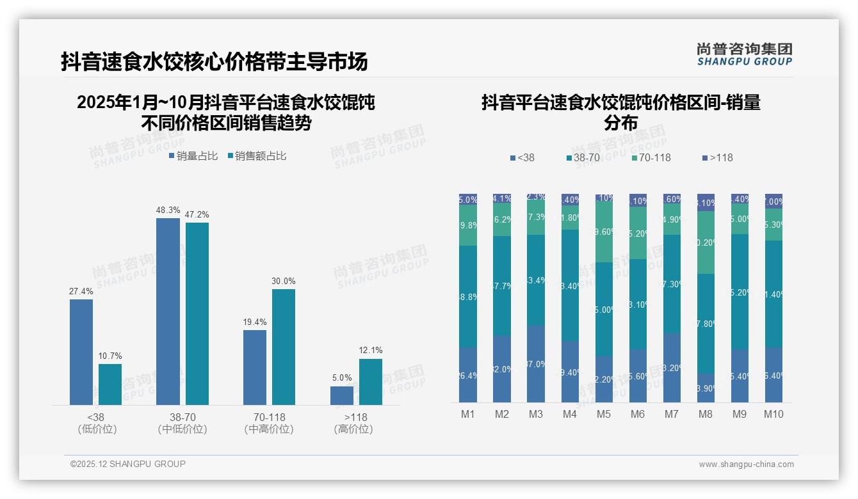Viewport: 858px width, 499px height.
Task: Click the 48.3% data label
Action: click(x=168, y=210)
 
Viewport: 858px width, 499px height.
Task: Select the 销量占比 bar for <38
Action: click(x=81, y=352)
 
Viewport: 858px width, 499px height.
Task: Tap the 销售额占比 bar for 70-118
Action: click(x=284, y=347)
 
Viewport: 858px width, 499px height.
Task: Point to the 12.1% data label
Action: click(x=371, y=351)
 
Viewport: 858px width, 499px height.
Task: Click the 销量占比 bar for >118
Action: click(x=342, y=395)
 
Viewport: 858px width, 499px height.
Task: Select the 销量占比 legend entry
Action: click(x=193, y=156)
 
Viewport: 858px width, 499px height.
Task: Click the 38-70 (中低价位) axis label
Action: click(x=182, y=424)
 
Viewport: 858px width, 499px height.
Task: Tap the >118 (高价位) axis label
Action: click(x=353, y=424)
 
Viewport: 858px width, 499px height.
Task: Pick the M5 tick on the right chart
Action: click(x=604, y=414)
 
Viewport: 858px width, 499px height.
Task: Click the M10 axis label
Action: click(x=773, y=414)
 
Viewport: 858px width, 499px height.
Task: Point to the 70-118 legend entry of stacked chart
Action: click(x=651, y=157)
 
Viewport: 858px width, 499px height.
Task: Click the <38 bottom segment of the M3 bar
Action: click(x=536, y=363)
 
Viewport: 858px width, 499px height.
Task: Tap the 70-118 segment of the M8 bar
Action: click(x=706, y=242)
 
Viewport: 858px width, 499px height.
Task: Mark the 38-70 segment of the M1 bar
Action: click(x=468, y=297)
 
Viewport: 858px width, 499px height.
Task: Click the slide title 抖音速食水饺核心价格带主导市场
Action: click(x=214, y=62)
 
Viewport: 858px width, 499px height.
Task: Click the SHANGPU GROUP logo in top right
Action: click(x=744, y=54)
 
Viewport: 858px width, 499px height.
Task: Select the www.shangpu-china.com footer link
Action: click(x=746, y=464)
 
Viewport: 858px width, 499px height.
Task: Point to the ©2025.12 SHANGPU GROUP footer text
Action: click(x=128, y=464)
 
